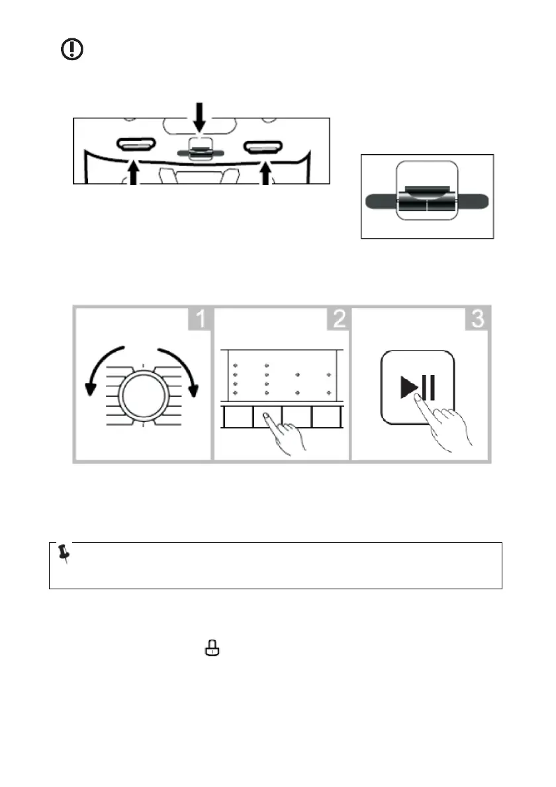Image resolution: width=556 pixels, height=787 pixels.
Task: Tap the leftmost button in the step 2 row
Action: [237, 417]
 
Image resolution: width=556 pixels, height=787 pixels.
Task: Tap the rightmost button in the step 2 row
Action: [327, 417]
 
